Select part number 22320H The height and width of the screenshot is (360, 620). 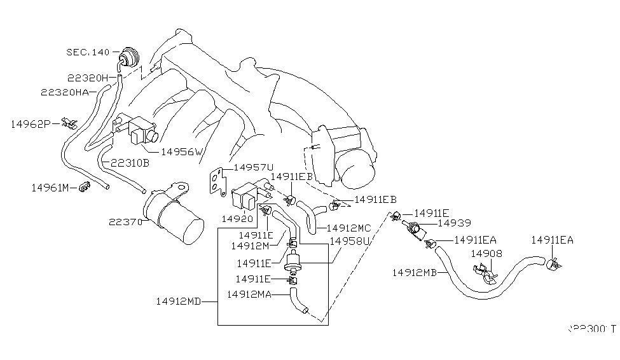[88, 78]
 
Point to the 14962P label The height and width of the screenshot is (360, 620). [30, 124]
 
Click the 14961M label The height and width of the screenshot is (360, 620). [52, 188]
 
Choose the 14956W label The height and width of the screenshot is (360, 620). [181, 152]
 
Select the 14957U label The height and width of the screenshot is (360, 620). [254, 168]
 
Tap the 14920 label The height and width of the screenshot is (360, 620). [237, 218]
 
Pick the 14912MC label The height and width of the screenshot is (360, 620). [348, 227]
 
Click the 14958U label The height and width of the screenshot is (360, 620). [349, 242]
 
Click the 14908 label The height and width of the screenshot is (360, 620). [486, 253]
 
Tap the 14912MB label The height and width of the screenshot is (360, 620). [414, 272]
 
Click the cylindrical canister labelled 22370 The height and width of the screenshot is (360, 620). [173, 216]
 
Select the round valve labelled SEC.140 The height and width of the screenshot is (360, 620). [130, 57]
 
